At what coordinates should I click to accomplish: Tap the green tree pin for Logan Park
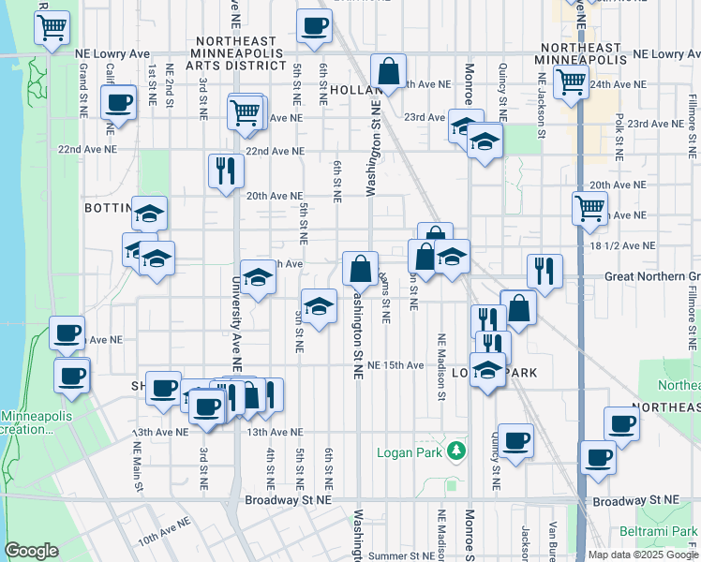pos(456,451)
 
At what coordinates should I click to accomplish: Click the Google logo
pos(32,551)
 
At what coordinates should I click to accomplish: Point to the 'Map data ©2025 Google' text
pos(642,555)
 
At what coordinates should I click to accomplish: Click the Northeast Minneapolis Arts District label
pos(238,54)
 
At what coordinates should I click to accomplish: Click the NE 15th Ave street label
pos(395,364)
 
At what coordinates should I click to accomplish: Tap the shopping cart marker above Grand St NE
pos(53,27)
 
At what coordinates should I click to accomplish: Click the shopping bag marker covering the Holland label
pos(388,71)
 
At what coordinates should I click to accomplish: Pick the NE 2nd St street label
pos(170,82)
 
